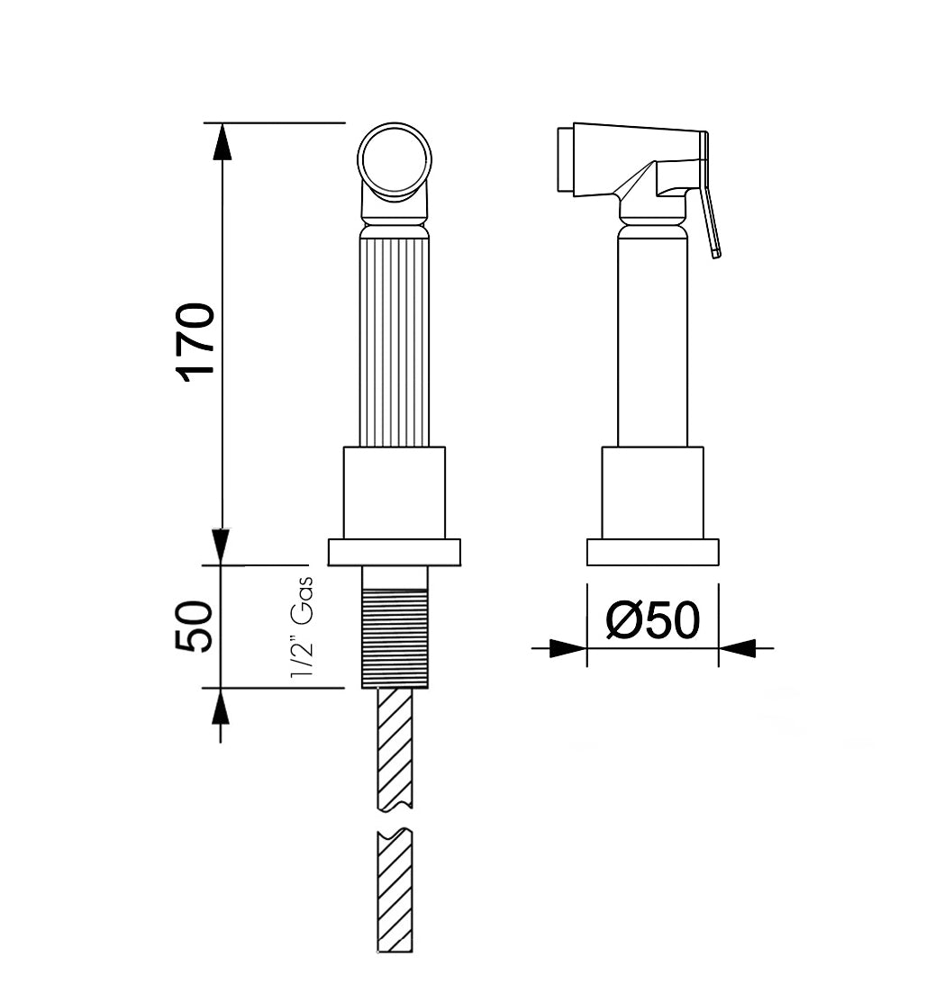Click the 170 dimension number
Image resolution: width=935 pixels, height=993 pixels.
(197, 343)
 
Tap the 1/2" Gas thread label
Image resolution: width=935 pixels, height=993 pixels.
(302, 627)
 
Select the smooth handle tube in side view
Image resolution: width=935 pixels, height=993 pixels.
(652, 342)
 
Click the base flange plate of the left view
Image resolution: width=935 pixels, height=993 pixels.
(394, 552)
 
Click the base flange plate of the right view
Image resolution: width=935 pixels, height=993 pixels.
(652, 552)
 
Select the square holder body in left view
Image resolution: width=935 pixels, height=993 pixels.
(394, 492)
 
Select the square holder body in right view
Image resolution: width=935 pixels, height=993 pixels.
(652, 492)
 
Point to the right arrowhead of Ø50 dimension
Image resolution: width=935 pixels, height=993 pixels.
(738, 647)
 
